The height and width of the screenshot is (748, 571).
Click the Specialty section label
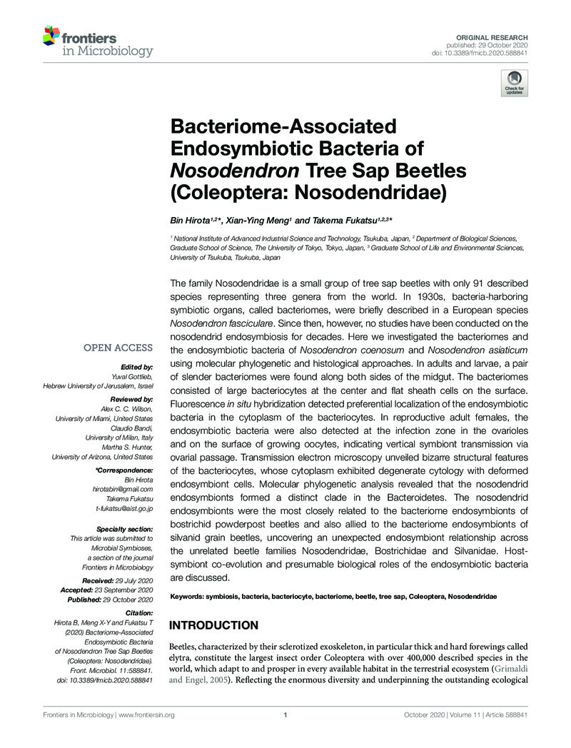pyautogui.click(x=123, y=528)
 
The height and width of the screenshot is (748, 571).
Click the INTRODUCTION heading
pyautogui.click(x=213, y=626)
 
